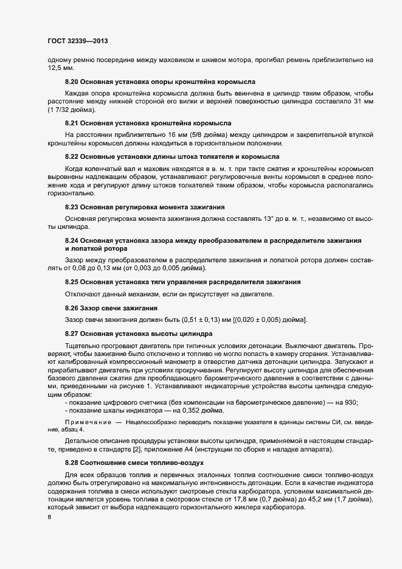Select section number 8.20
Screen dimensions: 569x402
[72, 82]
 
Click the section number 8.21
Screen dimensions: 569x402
[72, 123]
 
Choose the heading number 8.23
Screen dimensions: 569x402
[72, 206]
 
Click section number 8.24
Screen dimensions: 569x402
[72, 240]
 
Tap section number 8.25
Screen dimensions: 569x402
[72, 281]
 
